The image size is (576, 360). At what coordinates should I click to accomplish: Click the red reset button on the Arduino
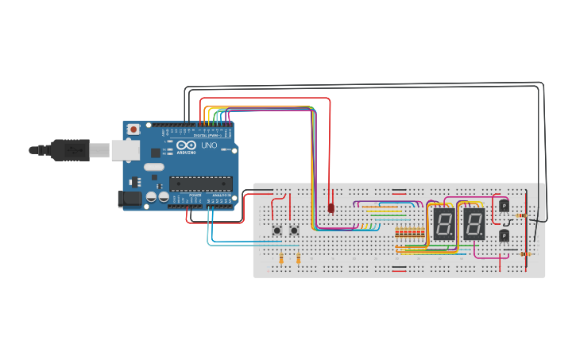point(134,129)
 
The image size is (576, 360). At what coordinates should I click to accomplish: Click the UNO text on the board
point(208,146)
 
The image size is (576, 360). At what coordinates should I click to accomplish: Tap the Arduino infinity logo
point(186,146)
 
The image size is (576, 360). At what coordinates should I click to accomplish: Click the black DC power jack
point(130,199)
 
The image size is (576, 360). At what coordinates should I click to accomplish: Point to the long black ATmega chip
point(200,184)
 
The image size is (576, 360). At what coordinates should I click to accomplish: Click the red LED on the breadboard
point(331,208)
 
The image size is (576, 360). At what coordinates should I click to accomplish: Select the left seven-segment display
point(444,225)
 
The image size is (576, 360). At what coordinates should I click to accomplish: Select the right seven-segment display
point(474,225)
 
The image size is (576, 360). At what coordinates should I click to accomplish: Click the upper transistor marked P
point(504,206)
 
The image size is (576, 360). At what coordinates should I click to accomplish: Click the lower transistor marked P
point(504,234)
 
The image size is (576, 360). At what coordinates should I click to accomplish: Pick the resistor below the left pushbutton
point(282,258)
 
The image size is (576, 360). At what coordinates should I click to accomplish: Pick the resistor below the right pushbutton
point(298,258)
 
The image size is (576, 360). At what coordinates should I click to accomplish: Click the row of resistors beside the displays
point(409,232)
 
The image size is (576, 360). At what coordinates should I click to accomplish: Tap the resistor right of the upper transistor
point(522,215)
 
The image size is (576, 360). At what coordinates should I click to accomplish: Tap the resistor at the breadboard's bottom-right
point(524,254)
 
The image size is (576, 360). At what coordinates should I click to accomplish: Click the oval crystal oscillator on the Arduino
point(153,168)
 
